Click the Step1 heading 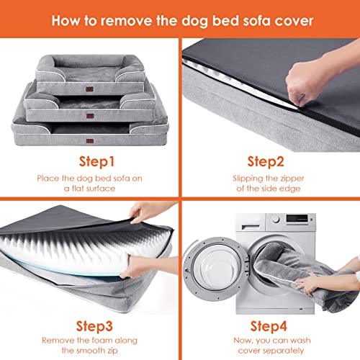pos(96,161)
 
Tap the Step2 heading pos(266,161)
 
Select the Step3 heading pos(94,326)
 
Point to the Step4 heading pos(269,326)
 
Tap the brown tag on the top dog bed pos(89,89)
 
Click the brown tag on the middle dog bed pos(90,116)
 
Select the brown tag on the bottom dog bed pos(90,141)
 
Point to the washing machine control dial pos(276,219)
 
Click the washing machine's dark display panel pos(297,218)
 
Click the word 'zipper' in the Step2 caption pos(292,179)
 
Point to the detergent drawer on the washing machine pos(251,225)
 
